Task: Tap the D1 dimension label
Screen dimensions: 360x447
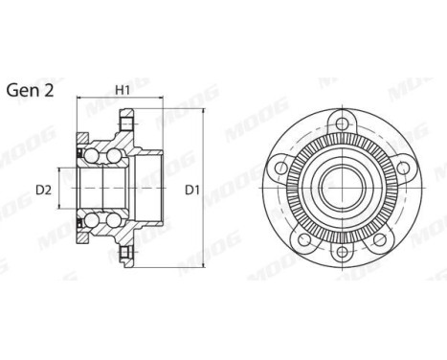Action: (191, 190)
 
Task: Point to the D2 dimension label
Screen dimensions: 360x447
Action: (43, 190)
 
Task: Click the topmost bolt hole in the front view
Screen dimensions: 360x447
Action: (340, 121)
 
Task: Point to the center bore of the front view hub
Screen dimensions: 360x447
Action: (340, 190)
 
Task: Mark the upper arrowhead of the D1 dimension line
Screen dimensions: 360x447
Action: (204, 111)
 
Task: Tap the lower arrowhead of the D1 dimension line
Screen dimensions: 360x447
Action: (204, 269)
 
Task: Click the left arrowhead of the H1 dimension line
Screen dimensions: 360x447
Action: (78, 99)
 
